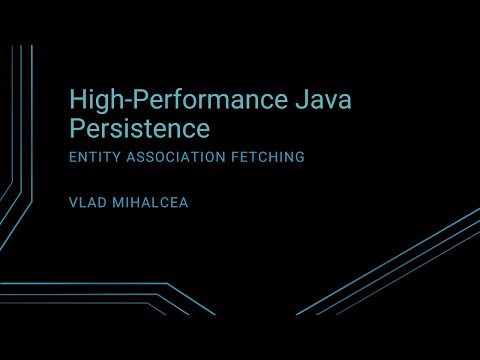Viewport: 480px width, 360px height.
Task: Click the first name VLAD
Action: [x=84, y=201]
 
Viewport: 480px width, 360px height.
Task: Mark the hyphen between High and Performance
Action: [x=115, y=101]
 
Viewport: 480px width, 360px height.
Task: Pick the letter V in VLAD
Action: [x=72, y=201]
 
